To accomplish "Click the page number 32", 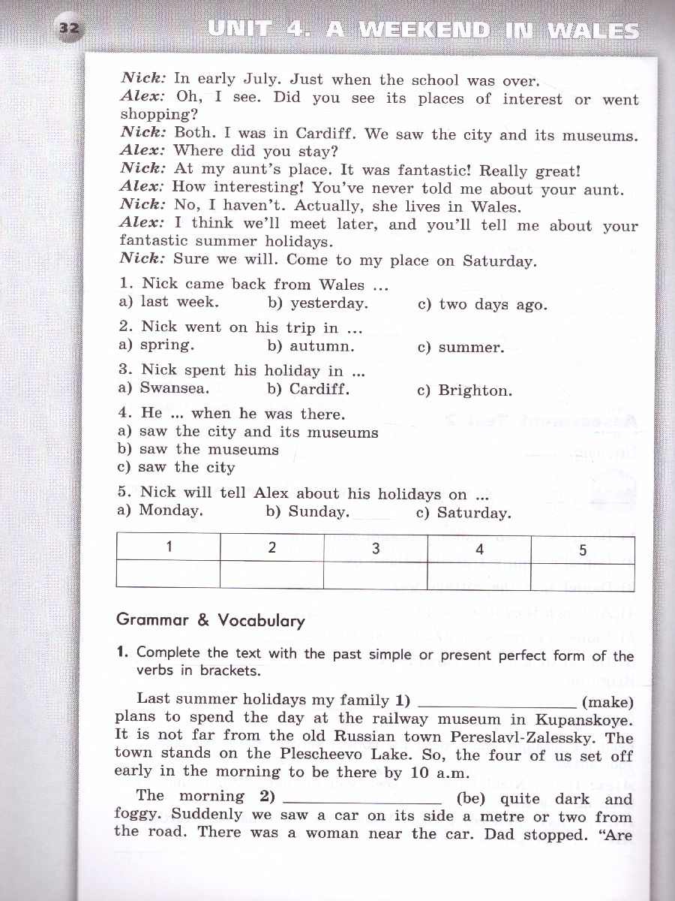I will [x=70, y=29].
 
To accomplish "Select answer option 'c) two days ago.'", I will [x=482, y=305].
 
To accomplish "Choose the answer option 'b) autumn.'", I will [x=310, y=347].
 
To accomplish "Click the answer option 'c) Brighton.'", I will [x=465, y=390].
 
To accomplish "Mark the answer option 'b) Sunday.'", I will [x=308, y=512].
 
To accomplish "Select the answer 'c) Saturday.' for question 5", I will [x=463, y=514].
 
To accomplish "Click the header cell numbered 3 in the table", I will [x=376, y=548].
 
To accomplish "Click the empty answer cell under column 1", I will [x=169, y=574].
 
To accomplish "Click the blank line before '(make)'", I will [x=496, y=704].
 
